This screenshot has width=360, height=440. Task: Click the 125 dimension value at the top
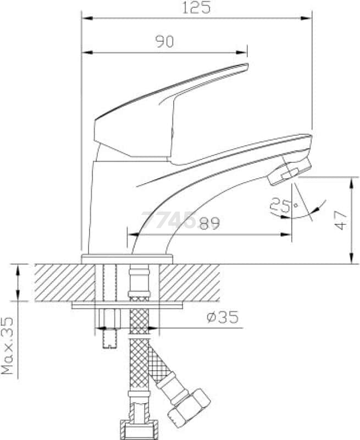click(x=196, y=8)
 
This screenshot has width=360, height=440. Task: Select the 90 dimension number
click(x=165, y=42)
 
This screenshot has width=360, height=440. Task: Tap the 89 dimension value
click(x=209, y=223)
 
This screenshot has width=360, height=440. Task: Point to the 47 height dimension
click(x=341, y=221)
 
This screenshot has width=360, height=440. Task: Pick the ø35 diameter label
click(x=223, y=317)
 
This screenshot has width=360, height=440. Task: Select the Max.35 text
click(x=7, y=346)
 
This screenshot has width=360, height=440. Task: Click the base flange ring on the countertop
click(x=127, y=259)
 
